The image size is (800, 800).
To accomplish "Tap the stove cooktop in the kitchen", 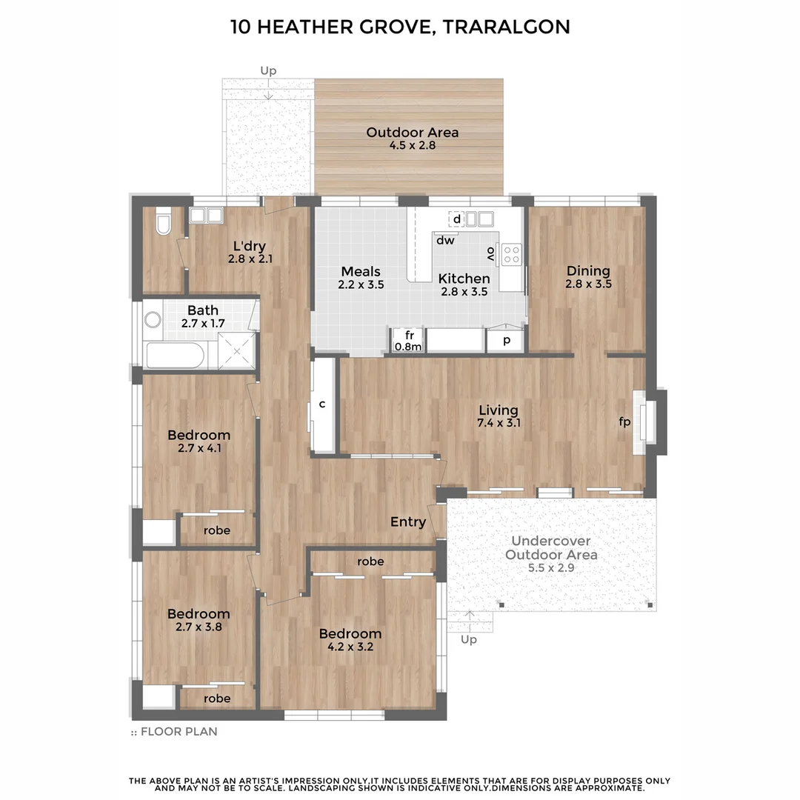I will tap(512, 254).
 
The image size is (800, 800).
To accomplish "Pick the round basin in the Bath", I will tap(153, 320).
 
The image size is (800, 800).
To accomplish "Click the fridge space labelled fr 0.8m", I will tap(407, 341).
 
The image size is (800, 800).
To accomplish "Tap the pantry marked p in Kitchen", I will tap(507, 340).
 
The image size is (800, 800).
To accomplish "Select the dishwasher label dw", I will tap(445, 240).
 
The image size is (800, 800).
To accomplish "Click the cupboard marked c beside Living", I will tap(323, 404).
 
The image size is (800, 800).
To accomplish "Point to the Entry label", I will tap(408, 522).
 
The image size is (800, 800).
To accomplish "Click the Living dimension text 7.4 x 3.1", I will tap(498, 423).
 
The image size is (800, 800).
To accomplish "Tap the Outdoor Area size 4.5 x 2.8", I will tap(412, 146).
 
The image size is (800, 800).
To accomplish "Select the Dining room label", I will tap(588, 270).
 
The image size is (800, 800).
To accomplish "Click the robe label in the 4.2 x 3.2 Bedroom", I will tap(370, 561).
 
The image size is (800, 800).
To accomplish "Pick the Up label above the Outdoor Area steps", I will tap(268, 71).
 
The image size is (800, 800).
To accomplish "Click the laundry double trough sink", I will tap(206, 216).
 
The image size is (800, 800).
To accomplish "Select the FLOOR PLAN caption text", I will tap(179, 732).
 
